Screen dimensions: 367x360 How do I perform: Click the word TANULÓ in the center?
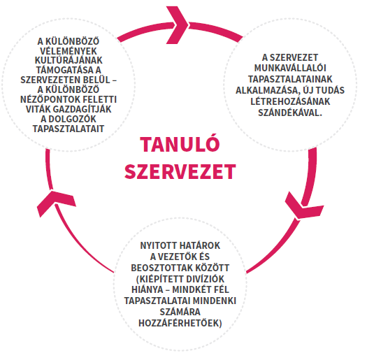click(x=180, y=144)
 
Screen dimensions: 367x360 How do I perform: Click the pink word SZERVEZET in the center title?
click(x=180, y=171)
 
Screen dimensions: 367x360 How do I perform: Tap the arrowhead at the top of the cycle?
click(x=177, y=24)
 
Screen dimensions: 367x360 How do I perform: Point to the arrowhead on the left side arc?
click(x=56, y=203)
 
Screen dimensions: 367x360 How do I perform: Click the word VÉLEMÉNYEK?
click(x=69, y=51)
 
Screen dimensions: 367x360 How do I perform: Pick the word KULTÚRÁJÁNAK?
click(x=69, y=60)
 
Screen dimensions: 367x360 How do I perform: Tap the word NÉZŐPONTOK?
click(x=49, y=99)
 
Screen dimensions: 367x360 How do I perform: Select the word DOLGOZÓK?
click(x=72, y=119)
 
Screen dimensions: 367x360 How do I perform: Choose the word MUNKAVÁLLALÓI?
click(x=290, y=68)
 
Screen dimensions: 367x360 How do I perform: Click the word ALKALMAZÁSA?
click(x=268, y=90)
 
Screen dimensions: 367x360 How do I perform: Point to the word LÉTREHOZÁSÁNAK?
click(x=290, y=101)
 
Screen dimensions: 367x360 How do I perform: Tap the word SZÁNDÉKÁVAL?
click(x=290, y=113)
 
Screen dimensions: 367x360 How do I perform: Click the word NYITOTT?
click(x=159, y=246)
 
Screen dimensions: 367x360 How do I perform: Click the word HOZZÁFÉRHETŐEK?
click(x=180, y=323)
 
